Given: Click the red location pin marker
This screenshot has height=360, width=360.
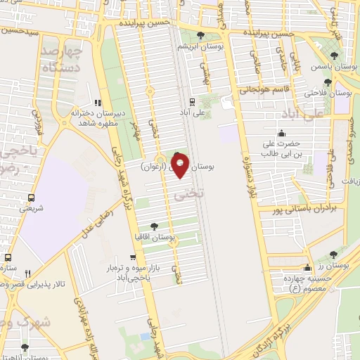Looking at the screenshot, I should click(x=180, y=167).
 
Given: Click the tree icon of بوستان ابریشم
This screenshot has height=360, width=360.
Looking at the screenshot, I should click(x=201, y=35).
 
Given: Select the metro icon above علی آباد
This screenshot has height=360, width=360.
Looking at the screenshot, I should click(x=202, y=101).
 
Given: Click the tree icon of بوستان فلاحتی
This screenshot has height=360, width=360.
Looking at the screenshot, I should click(x=328, y=82).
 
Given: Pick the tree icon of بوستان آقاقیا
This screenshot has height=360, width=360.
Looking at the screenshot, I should click(x=155, y=227).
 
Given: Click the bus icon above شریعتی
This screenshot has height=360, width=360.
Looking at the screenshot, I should click(x=31, y=197).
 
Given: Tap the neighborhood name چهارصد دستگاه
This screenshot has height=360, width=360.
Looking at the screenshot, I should click(x=53, y=60).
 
